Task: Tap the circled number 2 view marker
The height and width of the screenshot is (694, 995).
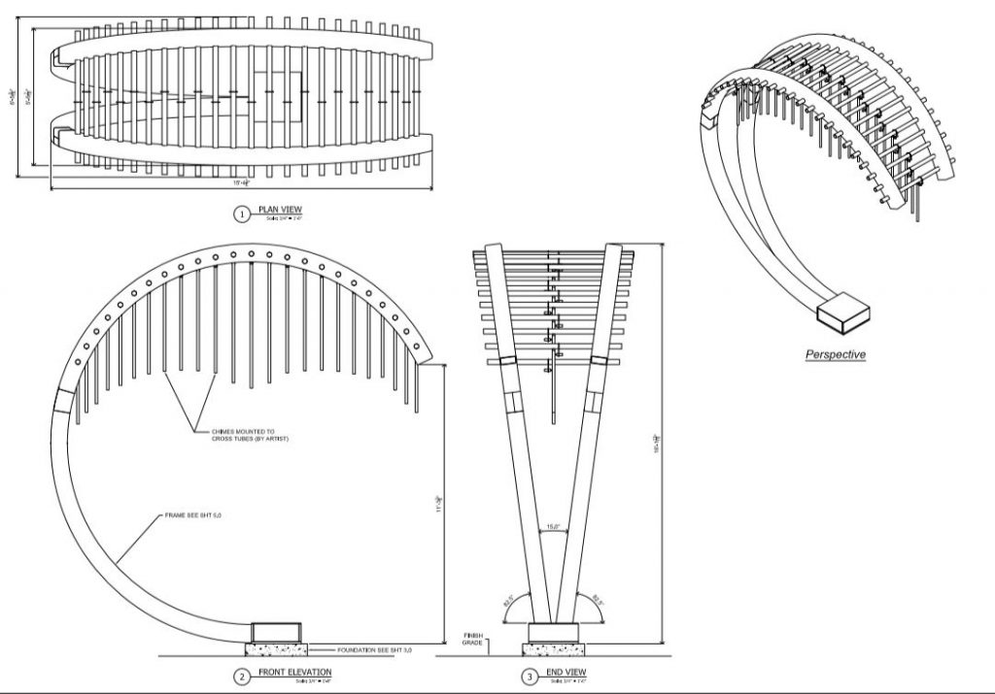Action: (x=242, y=676)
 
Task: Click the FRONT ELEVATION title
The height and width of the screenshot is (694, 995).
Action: (x=294, y=673)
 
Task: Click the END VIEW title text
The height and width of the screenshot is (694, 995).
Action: (x=567, y=673)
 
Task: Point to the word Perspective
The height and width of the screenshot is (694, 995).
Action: (x=835, y=354)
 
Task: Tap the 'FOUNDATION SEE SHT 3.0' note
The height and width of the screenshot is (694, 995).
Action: (x=374, y=648)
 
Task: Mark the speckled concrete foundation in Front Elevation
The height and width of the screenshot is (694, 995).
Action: (x=276, y=647)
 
